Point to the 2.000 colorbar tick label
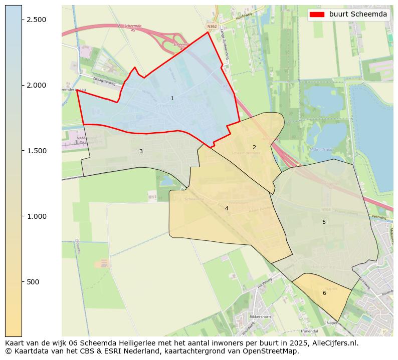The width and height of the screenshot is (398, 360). coord(36,85)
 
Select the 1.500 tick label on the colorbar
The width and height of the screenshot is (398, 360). coord(36,151)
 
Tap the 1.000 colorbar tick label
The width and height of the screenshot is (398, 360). coord(36,216)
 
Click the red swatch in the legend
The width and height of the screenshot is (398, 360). coord(317,15)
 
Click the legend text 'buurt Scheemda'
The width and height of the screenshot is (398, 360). coord(358,15)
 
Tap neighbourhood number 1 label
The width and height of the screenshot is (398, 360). coord(172,99)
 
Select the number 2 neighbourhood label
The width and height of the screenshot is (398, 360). coord(254,147)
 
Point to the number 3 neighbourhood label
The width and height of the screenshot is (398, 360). coord(141,151)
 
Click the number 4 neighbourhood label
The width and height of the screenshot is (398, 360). coord(227,208)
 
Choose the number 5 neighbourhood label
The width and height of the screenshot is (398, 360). coord(324,222)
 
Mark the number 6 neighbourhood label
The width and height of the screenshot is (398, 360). coord(324,293)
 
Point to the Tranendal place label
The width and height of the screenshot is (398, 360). coord(309,331)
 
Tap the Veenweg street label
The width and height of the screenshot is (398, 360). coord(379,217)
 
